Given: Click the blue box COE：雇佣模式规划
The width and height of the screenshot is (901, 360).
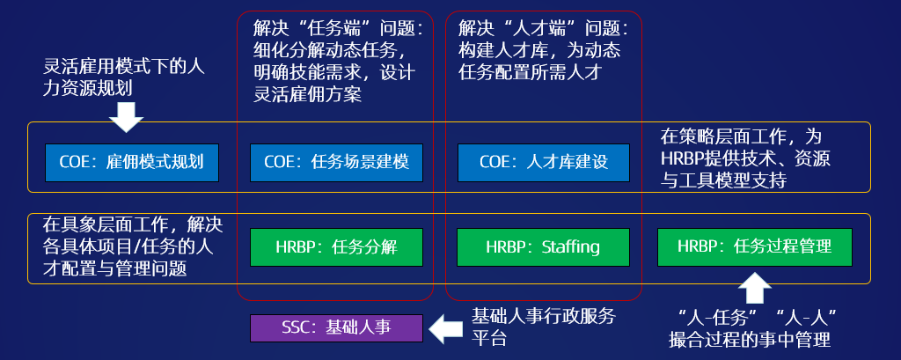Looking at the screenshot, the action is click(131, 162).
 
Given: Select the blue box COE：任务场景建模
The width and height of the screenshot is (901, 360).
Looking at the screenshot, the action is click(336, 162).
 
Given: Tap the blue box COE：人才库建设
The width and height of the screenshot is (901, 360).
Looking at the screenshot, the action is click(544, 162).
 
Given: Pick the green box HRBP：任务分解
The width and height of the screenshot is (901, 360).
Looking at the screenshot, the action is click(336, 246).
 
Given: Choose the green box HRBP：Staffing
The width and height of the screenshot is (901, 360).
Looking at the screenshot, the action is click(543, 246).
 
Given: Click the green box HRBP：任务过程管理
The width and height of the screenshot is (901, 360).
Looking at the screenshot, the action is click(754, 246).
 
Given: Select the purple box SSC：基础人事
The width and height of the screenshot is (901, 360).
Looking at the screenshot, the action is click(336, 328).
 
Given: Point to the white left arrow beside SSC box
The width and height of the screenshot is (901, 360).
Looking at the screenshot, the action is click(445, 328).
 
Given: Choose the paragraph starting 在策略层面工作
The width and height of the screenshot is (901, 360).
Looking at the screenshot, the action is click(747, 158).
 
